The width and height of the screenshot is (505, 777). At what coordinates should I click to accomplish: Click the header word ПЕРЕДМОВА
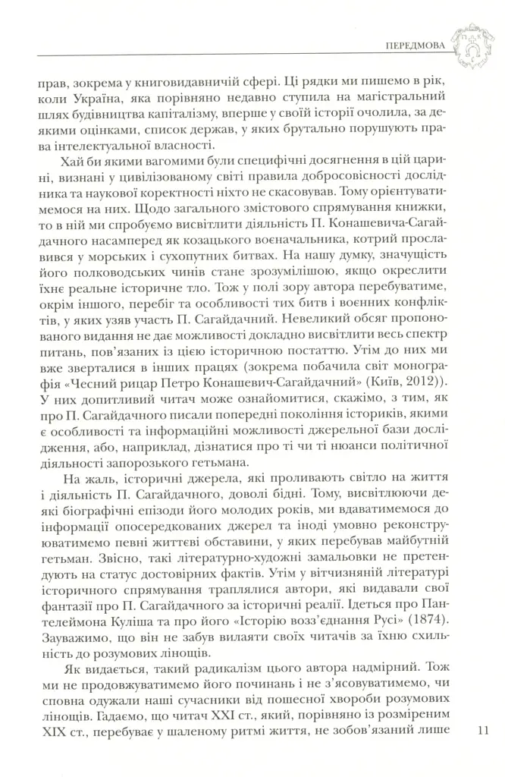[416, 44]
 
